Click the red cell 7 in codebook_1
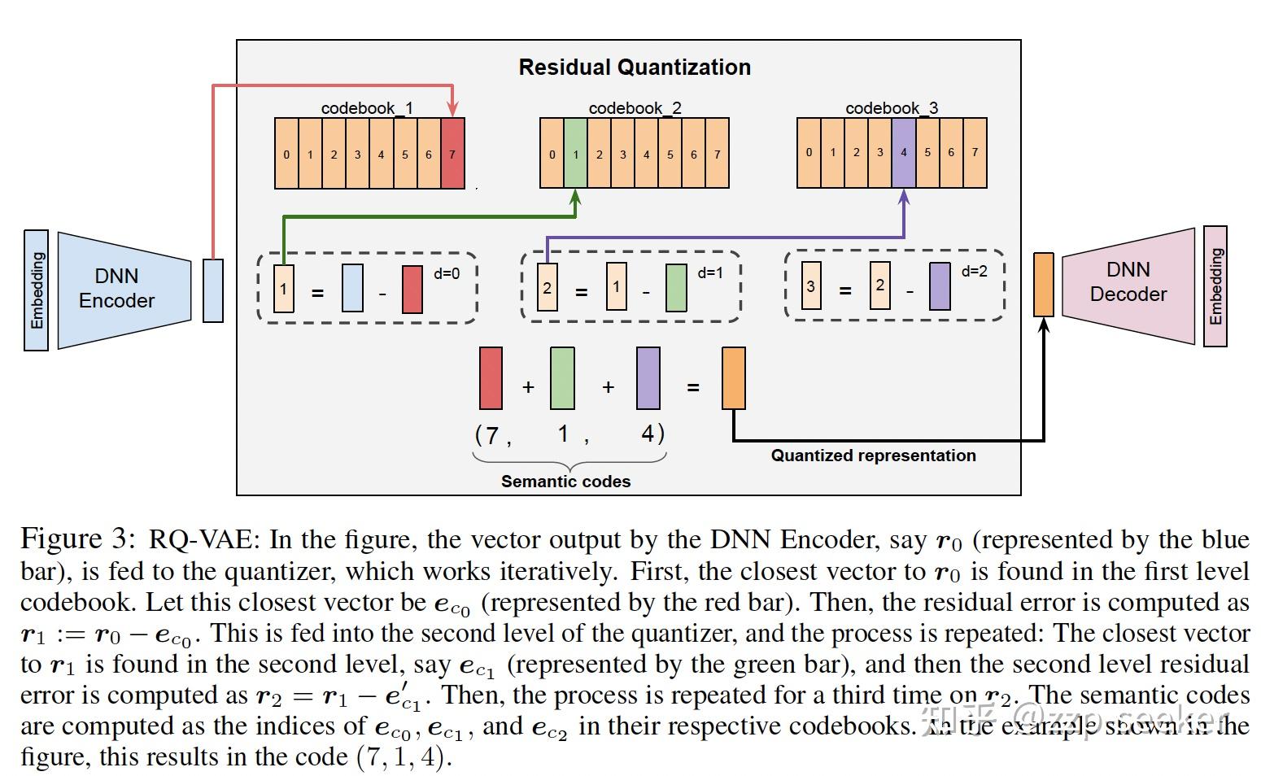(x=452, y=154)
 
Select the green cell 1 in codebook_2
(x=575, y=154)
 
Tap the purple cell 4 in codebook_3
(x=904, y=153)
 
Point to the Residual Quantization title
(x=635, y=68)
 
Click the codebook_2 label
(x=635, y=108)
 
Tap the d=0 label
(x=447, y=274)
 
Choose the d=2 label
(x=974, y=272)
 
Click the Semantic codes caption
(x=565, y=482)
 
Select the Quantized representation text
(x=873, y=456)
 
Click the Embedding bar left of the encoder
(x=37, y=290)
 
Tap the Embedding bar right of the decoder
(x=1215, y=286)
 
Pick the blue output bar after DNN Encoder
(x=213, y=290)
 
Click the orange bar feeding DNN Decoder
(x=1043, y=285)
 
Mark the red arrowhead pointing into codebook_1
(x=453, y=110)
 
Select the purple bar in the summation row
(x=648, y=378)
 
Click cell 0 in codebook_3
(x=809, y=153)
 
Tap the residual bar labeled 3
(x=811, y=286)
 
